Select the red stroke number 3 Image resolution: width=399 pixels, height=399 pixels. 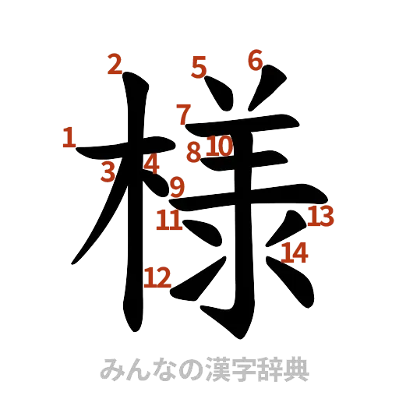tap(109, 172)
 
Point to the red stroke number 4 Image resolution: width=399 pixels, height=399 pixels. tap(153, 164)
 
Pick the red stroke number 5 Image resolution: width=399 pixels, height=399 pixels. tap(199, 69)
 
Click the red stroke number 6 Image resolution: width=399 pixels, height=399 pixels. tap(255, 59)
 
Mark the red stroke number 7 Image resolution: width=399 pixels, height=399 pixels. tap(184, 115)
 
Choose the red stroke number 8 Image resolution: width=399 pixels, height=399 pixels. tap(193, 153)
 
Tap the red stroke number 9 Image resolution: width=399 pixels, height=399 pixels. tap(178, 187)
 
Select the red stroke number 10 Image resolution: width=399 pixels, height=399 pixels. tap(219, 146)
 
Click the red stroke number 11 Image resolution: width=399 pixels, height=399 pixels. tap(169, 221)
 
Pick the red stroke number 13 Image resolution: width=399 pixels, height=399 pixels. tap(320, 216)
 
